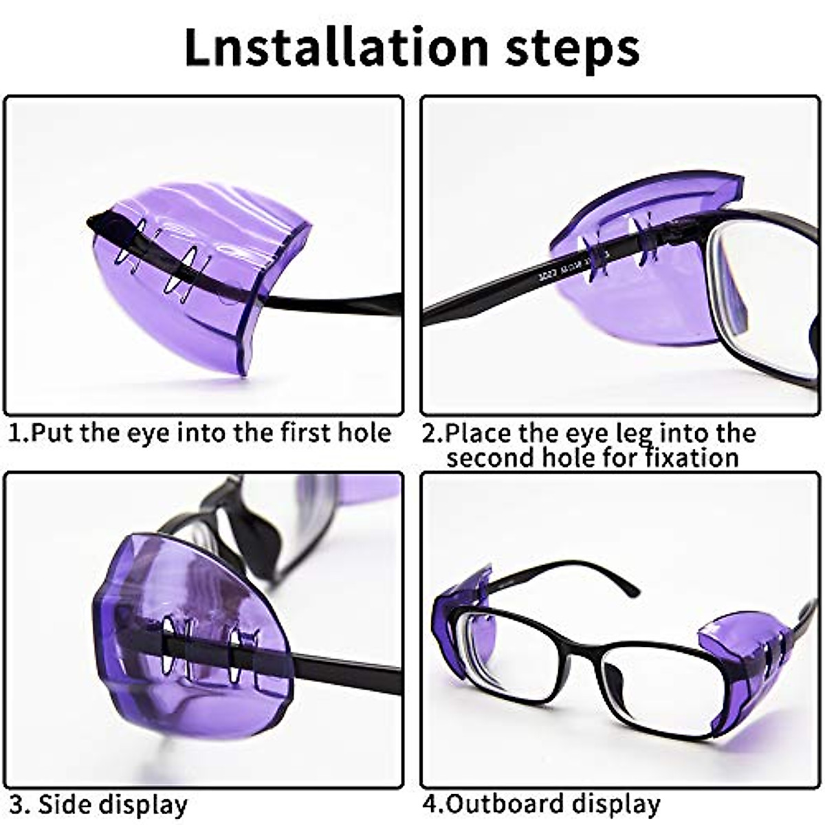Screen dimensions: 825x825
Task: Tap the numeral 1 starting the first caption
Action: click(x=15, y=432)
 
